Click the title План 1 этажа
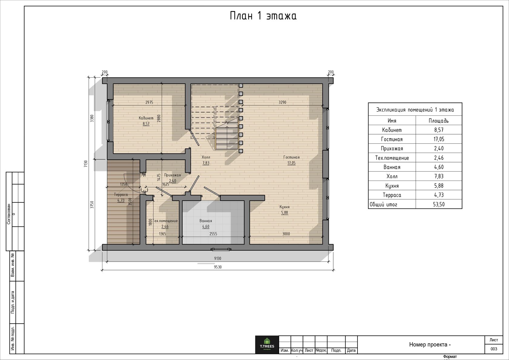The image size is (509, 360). click(263, 16)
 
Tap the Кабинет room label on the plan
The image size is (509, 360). click(146, 118)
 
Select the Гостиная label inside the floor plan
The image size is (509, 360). click(291, 157)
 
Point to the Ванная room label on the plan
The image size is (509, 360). click(206, 221)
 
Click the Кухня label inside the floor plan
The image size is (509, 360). click(284, 207)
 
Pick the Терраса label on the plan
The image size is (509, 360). click(121, 195)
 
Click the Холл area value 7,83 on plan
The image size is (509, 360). click(206, 163)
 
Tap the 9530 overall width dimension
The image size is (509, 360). click(218, 267)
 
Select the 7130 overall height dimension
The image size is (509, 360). click(86, 164)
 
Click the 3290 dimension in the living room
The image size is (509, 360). click(282, 102)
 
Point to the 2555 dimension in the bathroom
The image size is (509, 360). click(213, 234)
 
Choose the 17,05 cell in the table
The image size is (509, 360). click(439, 139)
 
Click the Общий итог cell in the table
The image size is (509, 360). click(383, 204)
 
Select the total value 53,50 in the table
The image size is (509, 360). click(439, 204)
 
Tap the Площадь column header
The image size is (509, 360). click(439, 121)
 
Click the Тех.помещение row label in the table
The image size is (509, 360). click(392, 158)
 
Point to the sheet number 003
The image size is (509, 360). click(494, 349)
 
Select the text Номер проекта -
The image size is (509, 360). click(430, 345)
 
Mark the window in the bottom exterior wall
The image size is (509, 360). click(221, 249)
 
